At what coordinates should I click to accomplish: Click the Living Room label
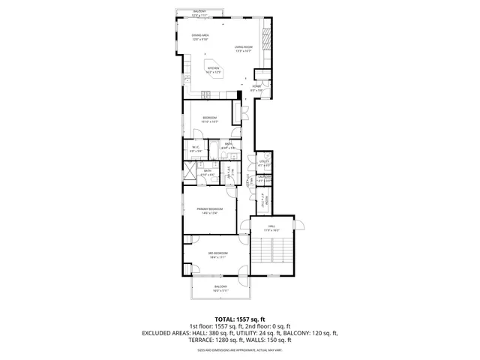click(x=243, y=49)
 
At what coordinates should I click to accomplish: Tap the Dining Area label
click(x=200, y=37)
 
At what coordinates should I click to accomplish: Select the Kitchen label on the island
click(x=214, y=70)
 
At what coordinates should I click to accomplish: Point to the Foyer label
click(x=256, y=88)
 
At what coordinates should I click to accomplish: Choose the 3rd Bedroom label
click(x=217, y=255)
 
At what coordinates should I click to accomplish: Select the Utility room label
click(x=264, y=163)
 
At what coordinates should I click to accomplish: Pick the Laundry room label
click(x=264, y=178)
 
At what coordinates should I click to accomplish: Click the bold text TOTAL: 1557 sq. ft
click(x=240, y=319)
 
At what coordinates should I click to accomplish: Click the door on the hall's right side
click(x=301, y=225)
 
